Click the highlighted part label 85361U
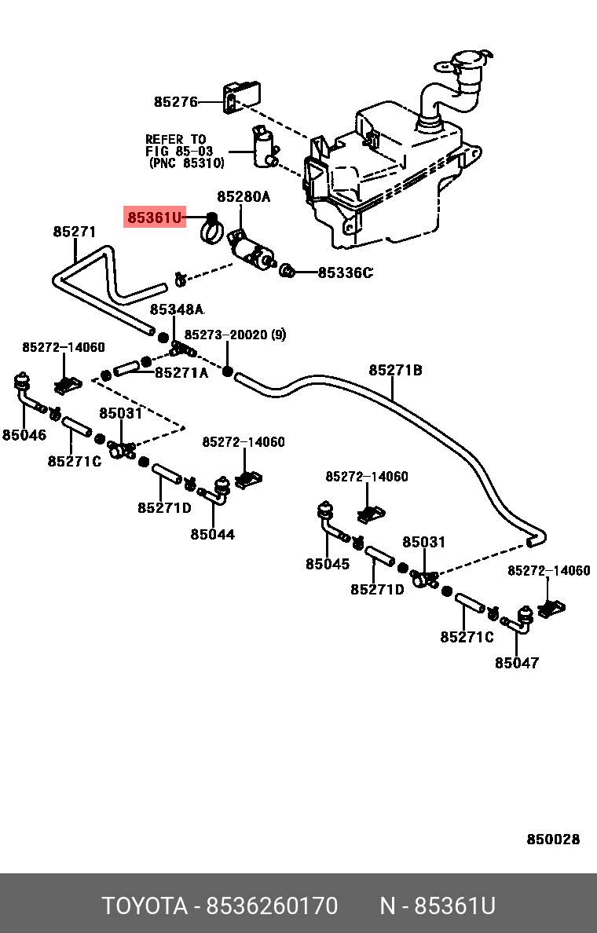click(154, 217)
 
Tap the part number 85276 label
click(175, 101)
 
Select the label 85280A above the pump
click(244, 196)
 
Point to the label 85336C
click(345, 273)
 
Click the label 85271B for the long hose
click(396, 370)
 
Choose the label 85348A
click(177, 309)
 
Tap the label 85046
click(24, 435)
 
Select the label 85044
click(212, 535)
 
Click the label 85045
click(328, 564)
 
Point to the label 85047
click(517, 663)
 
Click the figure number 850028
click(553, 840)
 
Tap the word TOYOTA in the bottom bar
click(145, 906)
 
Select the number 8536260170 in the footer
click(272, 906)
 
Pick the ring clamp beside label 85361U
click(211, 229)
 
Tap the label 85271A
click(181, 373)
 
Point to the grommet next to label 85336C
click(288, 273)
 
